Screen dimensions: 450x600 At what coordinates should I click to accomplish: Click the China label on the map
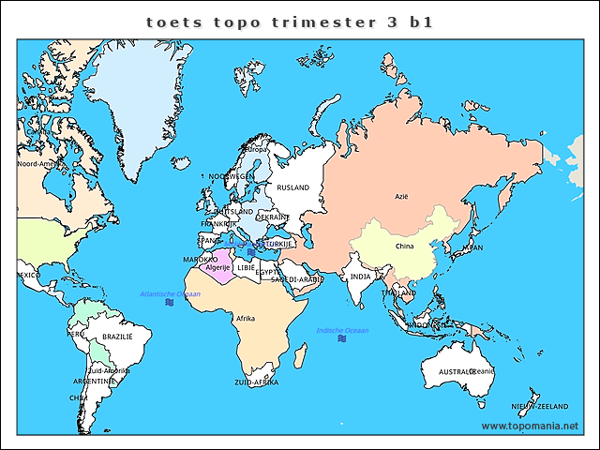click(x=404, y=247)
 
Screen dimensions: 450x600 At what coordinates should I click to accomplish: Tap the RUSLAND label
click(x=292, y=187)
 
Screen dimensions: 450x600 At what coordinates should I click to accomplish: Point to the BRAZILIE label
click(x=117, y=337)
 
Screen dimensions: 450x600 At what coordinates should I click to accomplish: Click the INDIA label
click(x=360, y=277)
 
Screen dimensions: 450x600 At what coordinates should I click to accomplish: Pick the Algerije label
click(x=217, y=267)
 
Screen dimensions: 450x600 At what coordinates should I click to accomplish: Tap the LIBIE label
click(x=246, y=267)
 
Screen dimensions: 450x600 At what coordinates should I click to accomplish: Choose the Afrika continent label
click(x=246, y=319)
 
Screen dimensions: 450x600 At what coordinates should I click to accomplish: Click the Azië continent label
click(x=402, y=197)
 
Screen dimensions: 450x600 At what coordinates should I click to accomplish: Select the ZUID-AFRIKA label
click(x=256, y=382)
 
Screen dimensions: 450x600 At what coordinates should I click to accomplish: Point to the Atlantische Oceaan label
click(x=170, y=293)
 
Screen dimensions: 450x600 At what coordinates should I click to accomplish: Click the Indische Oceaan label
click(x=342, y=330)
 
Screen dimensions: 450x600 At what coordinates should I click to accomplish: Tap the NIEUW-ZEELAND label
click(x=540, y=406)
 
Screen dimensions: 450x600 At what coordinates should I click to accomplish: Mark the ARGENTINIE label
click(x=96, y=382)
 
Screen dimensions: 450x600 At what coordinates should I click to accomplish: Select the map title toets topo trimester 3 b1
click(x=290, y=22)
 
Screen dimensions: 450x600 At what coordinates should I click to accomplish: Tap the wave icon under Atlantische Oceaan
click(x=169, y=304)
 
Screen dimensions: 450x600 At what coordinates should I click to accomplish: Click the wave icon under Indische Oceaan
click(x=342, y=339)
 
